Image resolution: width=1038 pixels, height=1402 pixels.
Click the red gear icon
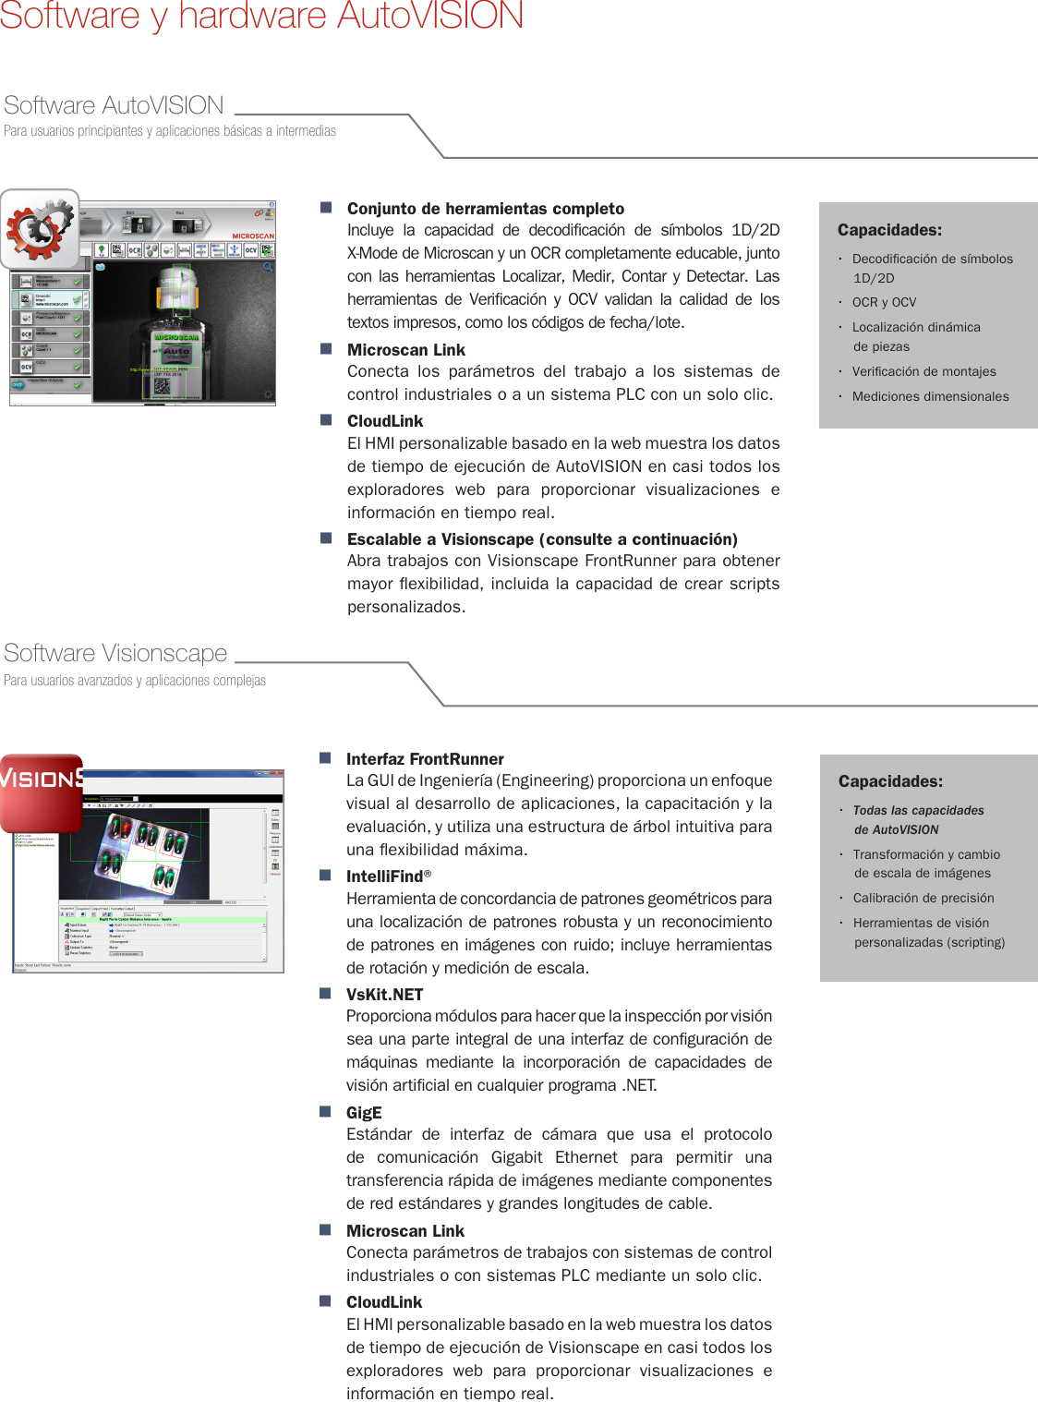coord(40,229)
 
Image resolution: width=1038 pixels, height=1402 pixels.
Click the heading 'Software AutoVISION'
coord(114,105)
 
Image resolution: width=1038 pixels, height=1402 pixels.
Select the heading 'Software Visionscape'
coord(115,653)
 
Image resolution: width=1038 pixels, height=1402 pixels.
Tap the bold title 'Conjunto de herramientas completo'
coord(486,209)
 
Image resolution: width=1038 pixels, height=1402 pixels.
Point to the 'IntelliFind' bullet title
coord(384,876)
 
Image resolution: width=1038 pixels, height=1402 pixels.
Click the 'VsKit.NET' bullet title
coord(384,995)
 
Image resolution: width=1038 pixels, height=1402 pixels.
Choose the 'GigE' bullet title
coord(364,1113)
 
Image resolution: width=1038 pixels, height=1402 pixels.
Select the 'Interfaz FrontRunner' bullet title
coord(425,759)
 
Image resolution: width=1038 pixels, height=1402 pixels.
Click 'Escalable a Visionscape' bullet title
coord(542,539)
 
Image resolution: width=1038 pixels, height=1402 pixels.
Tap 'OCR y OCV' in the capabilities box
coord(884,302)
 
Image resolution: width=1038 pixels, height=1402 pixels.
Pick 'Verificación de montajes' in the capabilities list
coord(923,371)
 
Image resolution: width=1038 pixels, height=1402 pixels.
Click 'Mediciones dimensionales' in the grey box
coord(930,396)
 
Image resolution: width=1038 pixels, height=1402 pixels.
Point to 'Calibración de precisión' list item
coord(923,898)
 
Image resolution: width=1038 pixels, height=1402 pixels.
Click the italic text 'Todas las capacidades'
coord(918,811)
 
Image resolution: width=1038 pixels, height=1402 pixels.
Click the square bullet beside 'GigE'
coord(325,1112)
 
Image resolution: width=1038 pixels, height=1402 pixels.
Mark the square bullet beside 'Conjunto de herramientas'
coord(326,208)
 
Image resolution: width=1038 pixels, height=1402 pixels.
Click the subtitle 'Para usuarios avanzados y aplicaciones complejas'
coord(135,681)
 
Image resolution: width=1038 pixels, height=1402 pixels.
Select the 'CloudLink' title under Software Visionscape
coord(384,1302)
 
